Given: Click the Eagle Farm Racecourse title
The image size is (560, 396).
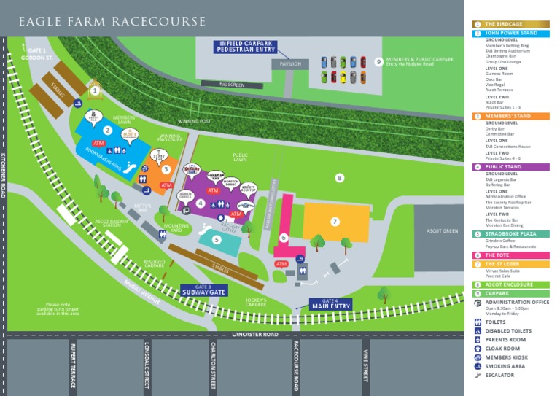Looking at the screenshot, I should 112,22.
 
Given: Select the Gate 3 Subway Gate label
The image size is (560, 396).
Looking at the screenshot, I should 203,290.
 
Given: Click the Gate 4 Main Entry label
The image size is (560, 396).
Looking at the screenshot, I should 330,303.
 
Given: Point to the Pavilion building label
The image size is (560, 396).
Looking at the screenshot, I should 290,64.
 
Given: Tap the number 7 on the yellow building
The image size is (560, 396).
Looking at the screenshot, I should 335,221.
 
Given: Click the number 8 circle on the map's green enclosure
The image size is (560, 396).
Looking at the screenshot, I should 339,177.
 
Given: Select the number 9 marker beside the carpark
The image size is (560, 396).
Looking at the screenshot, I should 378,62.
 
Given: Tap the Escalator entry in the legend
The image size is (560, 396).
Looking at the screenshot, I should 499,375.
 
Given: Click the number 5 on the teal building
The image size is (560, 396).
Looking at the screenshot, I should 217,239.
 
